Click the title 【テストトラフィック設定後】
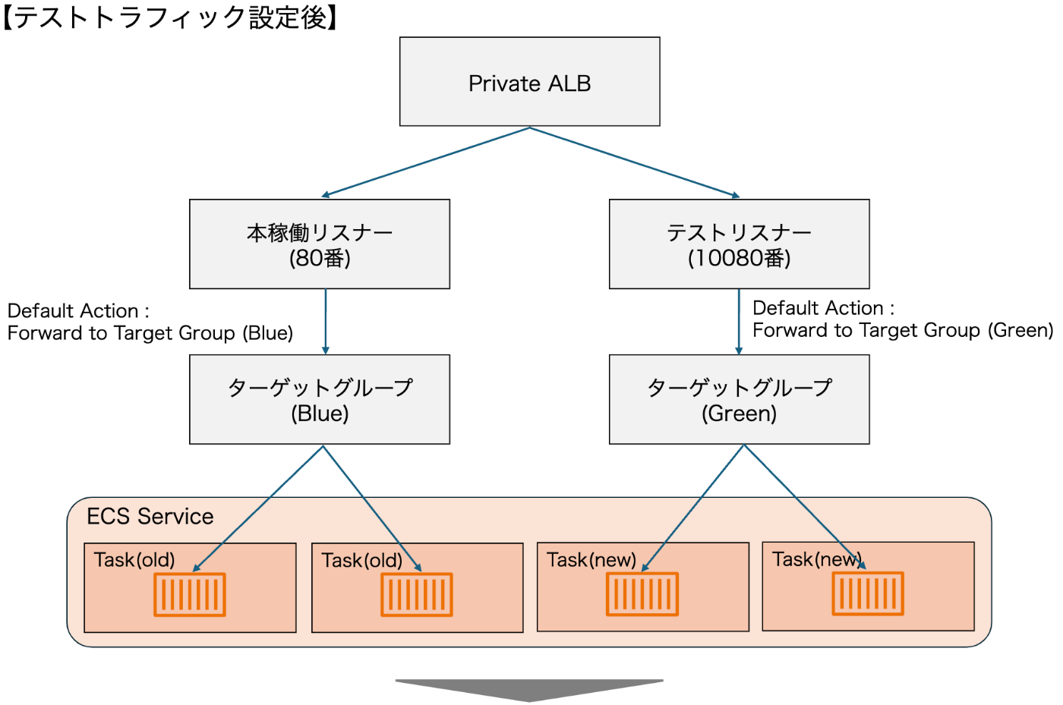172,17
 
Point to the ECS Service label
150,517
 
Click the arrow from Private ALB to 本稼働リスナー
425,162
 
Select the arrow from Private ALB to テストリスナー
635,162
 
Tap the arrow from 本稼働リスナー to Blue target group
326,322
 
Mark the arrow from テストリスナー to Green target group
739,322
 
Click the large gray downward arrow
529,689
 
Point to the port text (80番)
320,259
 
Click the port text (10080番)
739,259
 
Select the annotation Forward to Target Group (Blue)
150,333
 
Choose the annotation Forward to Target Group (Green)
903,331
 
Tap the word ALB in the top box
569,83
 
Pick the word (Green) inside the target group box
739,414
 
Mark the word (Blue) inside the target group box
320,414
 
